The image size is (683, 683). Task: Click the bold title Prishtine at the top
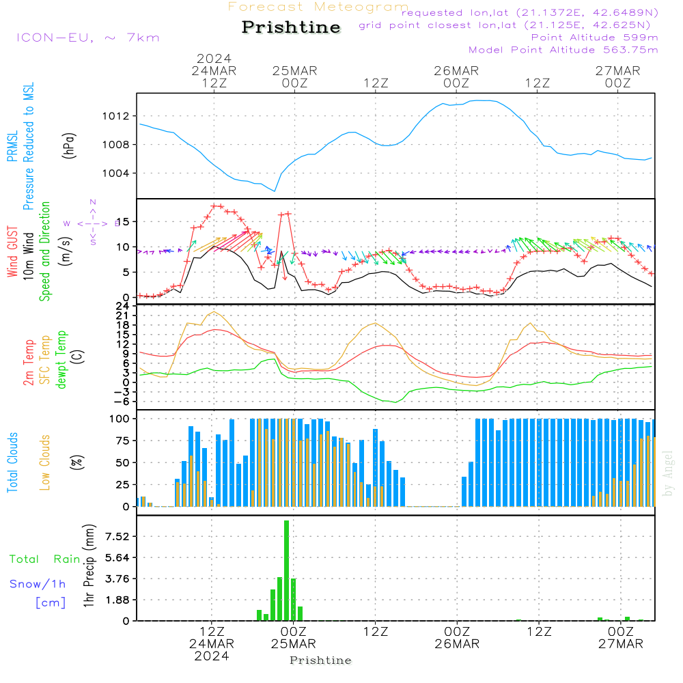click(291, 27)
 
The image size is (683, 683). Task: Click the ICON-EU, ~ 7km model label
click(87, 38)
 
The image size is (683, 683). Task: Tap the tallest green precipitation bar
click(287, 570)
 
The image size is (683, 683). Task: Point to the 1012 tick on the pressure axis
click(117, 116)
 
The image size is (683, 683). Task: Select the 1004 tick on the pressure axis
click(117, 173)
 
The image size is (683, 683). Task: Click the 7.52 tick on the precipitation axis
click(118, 537)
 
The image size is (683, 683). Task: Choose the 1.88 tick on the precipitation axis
click(118, 600)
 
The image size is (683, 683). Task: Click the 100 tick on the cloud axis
click(120, 418)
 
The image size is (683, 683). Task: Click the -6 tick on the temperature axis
click(123, 401)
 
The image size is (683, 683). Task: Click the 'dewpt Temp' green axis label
click(62, 359)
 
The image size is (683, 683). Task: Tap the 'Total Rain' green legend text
click(44, 559)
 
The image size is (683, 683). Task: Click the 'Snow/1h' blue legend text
click(38, 585)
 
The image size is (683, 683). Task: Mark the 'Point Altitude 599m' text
click(594, 38)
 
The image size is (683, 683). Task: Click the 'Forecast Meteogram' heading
click(318, 7)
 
